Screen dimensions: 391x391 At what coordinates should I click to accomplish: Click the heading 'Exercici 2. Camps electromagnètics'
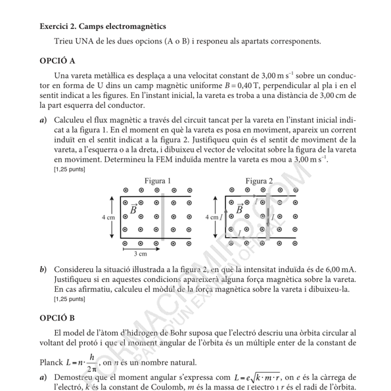(103, 26)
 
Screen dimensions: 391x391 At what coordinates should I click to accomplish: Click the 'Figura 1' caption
(158, 181)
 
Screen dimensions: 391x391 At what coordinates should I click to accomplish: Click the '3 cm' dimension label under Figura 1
(140, 253)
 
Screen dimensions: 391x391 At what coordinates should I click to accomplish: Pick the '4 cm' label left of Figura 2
(211, 216)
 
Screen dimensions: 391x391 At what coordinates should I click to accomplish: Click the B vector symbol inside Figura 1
(133, 208)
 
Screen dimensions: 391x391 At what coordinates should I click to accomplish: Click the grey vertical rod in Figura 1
(164, 216)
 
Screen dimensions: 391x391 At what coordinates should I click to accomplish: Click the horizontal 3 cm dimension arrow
(140, 247)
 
